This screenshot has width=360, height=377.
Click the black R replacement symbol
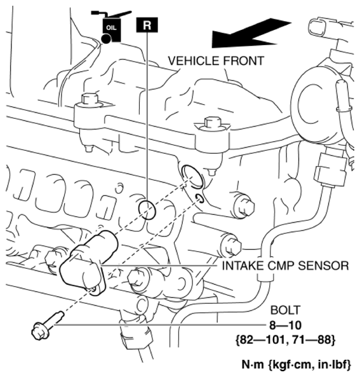147,25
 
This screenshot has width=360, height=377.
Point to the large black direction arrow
251,33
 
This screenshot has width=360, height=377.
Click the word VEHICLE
194,60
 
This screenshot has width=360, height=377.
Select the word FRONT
244,60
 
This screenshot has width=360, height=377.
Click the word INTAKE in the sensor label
241,266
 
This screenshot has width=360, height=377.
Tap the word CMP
278,266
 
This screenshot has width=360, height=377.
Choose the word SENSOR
323,266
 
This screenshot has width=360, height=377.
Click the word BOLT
286,310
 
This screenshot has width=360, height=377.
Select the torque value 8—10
285,326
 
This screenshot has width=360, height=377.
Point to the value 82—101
262,340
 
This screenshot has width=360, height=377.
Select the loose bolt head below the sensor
39,331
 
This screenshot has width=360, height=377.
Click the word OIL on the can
111,28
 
